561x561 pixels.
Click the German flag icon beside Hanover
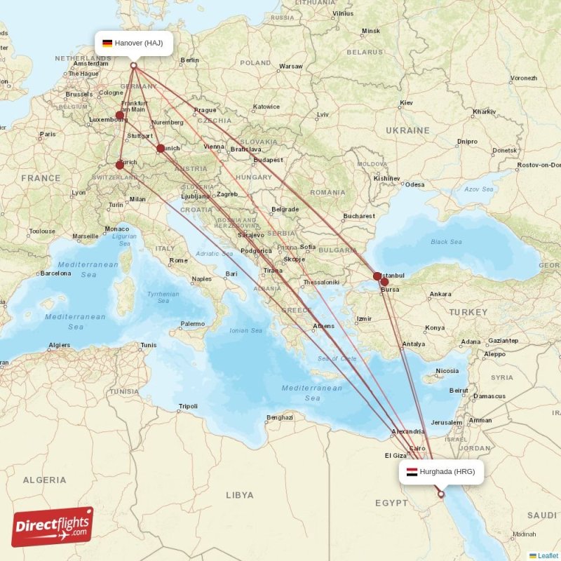tap(107, 43)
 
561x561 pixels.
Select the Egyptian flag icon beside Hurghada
tap(411, 472)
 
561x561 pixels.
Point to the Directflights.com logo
tap(53, 527)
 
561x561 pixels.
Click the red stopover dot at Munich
tap(161, 148)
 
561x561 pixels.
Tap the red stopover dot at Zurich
tap(120, 165)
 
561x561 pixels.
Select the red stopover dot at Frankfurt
tap(120, 115)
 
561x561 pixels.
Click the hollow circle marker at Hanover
tap(133, 66)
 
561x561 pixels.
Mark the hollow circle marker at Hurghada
tap(441, 494)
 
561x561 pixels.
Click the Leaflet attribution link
tap(548, 555)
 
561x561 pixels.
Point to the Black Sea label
tap(446, 242)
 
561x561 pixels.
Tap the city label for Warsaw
tap(290, 67)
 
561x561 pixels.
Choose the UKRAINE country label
tap(407, 130)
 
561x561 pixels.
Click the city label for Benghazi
tap(279, 419)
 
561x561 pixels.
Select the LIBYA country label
tap(240, 495)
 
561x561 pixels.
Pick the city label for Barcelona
tap(57, 273)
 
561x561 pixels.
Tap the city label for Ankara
tap(440, 294)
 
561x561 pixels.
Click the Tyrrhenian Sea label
tap(163, 297)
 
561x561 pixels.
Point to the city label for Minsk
tap(370, 32)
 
